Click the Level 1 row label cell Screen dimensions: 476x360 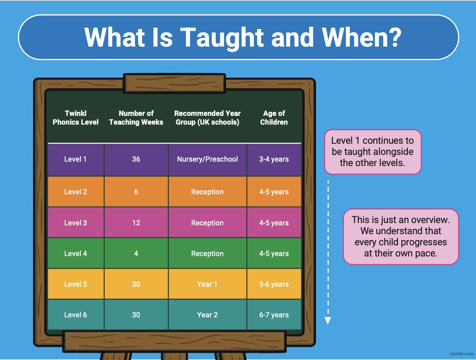(76, 160)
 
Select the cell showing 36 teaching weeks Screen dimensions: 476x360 (136, 160)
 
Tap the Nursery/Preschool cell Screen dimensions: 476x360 (207, 160)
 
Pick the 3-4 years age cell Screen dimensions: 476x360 (274, 160)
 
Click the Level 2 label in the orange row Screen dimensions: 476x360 (76, 192)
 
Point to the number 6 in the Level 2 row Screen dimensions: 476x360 (136, 192)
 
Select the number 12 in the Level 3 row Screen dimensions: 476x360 (136, 223)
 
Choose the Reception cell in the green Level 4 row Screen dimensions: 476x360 (207, 253)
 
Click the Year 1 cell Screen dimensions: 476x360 (207, 284)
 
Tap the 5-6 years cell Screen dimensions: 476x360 (274, 284)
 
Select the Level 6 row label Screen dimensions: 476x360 (76, 315)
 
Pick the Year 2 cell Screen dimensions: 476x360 (207, 315)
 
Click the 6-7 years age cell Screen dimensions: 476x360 (274, 315)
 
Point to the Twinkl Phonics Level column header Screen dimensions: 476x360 (76, 117)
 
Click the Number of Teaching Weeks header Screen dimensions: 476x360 (136, 117)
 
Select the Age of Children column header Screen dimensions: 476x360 (274, 117)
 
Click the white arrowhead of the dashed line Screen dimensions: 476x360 (328, 321)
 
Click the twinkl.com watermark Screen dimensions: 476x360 (461, 354)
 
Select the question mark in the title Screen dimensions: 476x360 (394, 37)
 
